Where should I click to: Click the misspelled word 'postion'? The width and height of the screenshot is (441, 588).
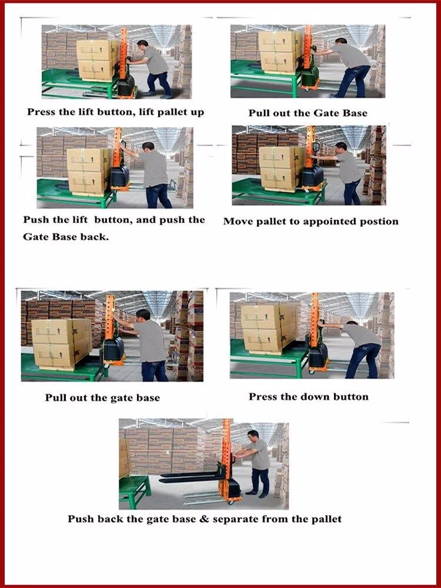coord(379,222)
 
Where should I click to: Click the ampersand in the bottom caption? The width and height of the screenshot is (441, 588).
coord(204,519)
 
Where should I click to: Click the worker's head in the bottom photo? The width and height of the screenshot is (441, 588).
coord(254,436)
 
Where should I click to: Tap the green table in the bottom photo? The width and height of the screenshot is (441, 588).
coord(134,490)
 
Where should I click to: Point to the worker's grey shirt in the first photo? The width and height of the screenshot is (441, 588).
coord(155,60)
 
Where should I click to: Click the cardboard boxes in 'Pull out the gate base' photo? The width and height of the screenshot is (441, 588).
coord(62,344)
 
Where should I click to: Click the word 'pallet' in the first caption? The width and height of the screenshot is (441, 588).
coord(172,112)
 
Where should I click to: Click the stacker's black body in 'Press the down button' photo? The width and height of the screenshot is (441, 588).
coord(318,355)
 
